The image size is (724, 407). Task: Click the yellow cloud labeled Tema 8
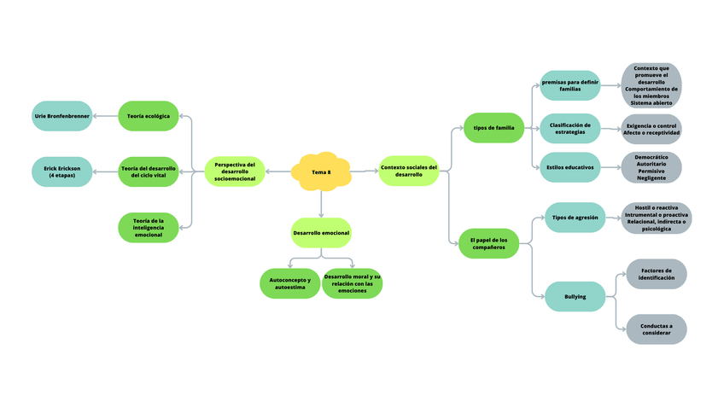321,172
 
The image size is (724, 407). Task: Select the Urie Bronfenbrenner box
61,115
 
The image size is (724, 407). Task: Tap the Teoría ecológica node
149,115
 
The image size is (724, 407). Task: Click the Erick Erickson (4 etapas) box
61,172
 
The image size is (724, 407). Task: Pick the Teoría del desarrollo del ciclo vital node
149,172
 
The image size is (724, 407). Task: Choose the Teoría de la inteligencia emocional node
149,227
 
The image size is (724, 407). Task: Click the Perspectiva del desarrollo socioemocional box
235,172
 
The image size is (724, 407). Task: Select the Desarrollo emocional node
321,232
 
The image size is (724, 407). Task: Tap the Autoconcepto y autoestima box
289,283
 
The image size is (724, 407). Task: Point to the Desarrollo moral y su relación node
352,283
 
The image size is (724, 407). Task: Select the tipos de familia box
493,128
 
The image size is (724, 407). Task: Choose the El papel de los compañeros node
489,243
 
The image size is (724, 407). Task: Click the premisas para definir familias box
569,86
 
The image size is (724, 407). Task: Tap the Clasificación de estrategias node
569,129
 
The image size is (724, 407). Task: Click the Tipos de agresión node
575,218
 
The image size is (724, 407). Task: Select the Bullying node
575,296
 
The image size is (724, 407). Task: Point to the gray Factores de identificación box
656,274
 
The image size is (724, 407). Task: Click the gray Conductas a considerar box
656,329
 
